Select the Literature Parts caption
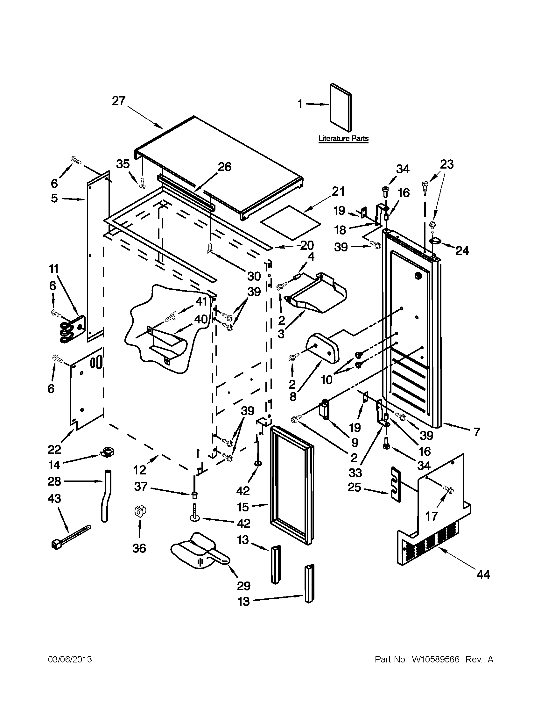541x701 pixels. (343, 139)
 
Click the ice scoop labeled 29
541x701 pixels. (199, 554)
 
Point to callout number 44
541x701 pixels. (483, 574)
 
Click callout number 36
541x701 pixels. (139, 548)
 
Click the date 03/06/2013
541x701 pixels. (70, 659)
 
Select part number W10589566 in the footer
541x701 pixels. (436, 659)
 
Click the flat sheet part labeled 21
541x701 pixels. (291, 222)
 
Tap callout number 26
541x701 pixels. (224, 167)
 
